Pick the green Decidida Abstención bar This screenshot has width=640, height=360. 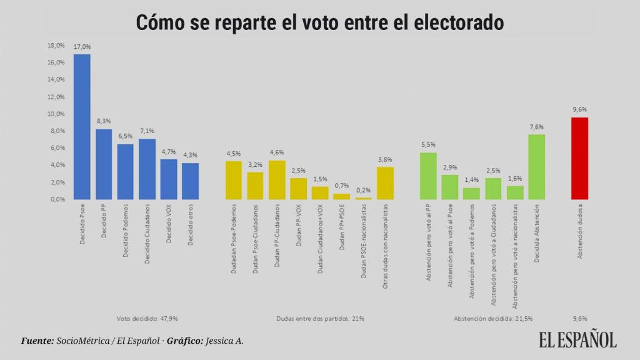click(x=536, y=167)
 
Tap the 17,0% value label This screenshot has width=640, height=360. click(x=82, y=47)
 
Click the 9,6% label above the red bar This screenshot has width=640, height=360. click(x=579, y=109)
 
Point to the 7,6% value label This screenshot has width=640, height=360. click(x=536, y=126)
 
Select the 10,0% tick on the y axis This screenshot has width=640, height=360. click(x=56, y=114)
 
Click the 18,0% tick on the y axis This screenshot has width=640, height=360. click(x=56, y=46)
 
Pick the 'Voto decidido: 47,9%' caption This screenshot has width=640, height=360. click(x=147, y=318)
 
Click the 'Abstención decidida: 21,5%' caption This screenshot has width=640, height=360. click(x=493, y=318)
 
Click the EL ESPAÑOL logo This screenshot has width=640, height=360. click(x=578, y=339)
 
